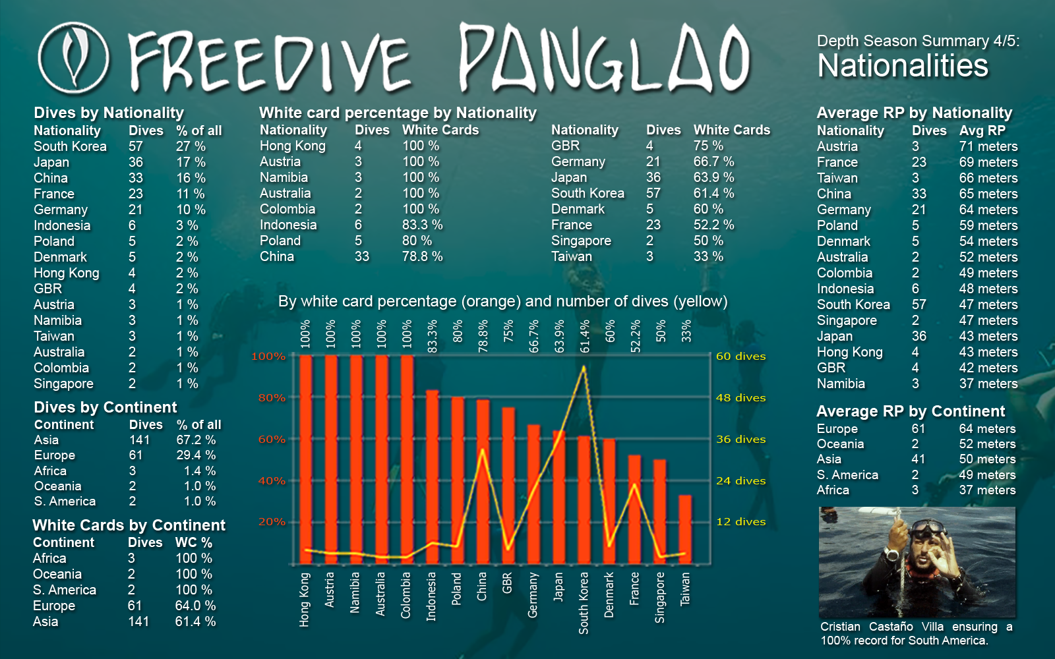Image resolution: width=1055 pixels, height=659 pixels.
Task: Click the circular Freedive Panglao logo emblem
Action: (73, 58)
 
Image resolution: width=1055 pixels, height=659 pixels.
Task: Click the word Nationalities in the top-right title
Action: (903, 66)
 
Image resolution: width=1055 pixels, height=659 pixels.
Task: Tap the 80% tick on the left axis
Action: (272, 398)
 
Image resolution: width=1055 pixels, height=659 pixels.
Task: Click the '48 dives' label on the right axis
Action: (740, 398)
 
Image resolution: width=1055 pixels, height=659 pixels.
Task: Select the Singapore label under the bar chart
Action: (659, 597)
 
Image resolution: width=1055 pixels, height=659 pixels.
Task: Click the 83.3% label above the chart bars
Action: (433, 336)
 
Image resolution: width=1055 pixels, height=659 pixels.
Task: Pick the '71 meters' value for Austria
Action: (988, 146)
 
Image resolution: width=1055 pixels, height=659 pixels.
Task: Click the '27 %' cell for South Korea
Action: (191, 146)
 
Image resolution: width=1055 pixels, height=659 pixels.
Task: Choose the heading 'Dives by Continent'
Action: (105, 407)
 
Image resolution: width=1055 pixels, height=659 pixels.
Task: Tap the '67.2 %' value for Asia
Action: (196, 440)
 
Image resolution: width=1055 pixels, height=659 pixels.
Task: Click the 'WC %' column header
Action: (193, 542)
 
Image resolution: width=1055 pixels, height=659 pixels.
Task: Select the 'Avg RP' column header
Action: (982, 130)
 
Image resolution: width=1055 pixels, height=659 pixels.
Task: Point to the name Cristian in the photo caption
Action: (840, 627)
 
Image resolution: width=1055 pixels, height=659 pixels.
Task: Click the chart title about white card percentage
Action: (502, 302)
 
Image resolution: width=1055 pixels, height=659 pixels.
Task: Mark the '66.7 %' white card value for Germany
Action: (713, 161)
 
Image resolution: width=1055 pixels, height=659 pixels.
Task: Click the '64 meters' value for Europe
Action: (987, 429)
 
